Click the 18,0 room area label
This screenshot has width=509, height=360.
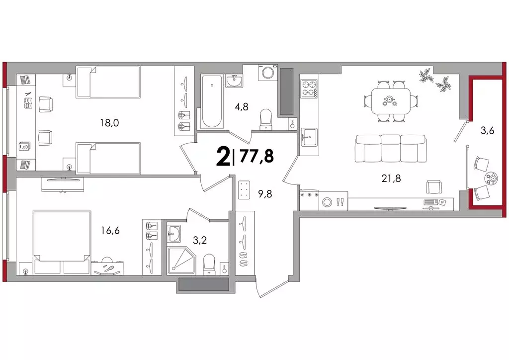click(x=110, y=123)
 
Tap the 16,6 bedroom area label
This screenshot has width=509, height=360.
click(x=110, y=231)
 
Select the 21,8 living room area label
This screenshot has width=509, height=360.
click(x=391, y=178)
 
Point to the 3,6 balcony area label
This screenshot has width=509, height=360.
click(x=487, y=131)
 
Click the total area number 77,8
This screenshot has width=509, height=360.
click(x=256, y=156)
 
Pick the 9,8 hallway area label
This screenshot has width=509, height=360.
click(x=265, y=194)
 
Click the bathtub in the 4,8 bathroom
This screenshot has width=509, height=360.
click(x=212, y=101)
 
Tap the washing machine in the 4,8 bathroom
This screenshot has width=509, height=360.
click(x=268, y=72)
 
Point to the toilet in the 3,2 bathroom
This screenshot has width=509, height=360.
click(x=209, y=263)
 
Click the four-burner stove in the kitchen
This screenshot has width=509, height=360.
click(x=309, y=89)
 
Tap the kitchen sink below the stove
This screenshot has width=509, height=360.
click(x=309, y=137)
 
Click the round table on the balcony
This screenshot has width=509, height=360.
click(x=492, y=178)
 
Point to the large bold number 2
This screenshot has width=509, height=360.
click(x=223, y=156)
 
